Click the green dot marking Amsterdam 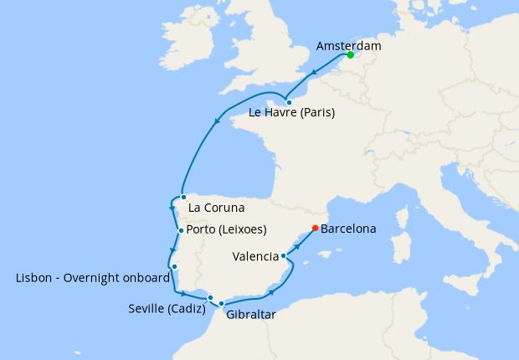(350, 55)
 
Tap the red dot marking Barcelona (315, 228)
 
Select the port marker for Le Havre (289, 102)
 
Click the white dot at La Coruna (183, 198)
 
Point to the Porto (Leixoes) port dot (180, 230)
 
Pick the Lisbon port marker (174, 267)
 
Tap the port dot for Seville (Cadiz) (211, 297)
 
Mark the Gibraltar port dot (222, 303)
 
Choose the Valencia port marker (284, 256)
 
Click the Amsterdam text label (350, 44)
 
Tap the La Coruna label (217, 208)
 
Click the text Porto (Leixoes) (227, 229)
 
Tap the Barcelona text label (348, 228)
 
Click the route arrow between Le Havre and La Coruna (218, 121)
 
